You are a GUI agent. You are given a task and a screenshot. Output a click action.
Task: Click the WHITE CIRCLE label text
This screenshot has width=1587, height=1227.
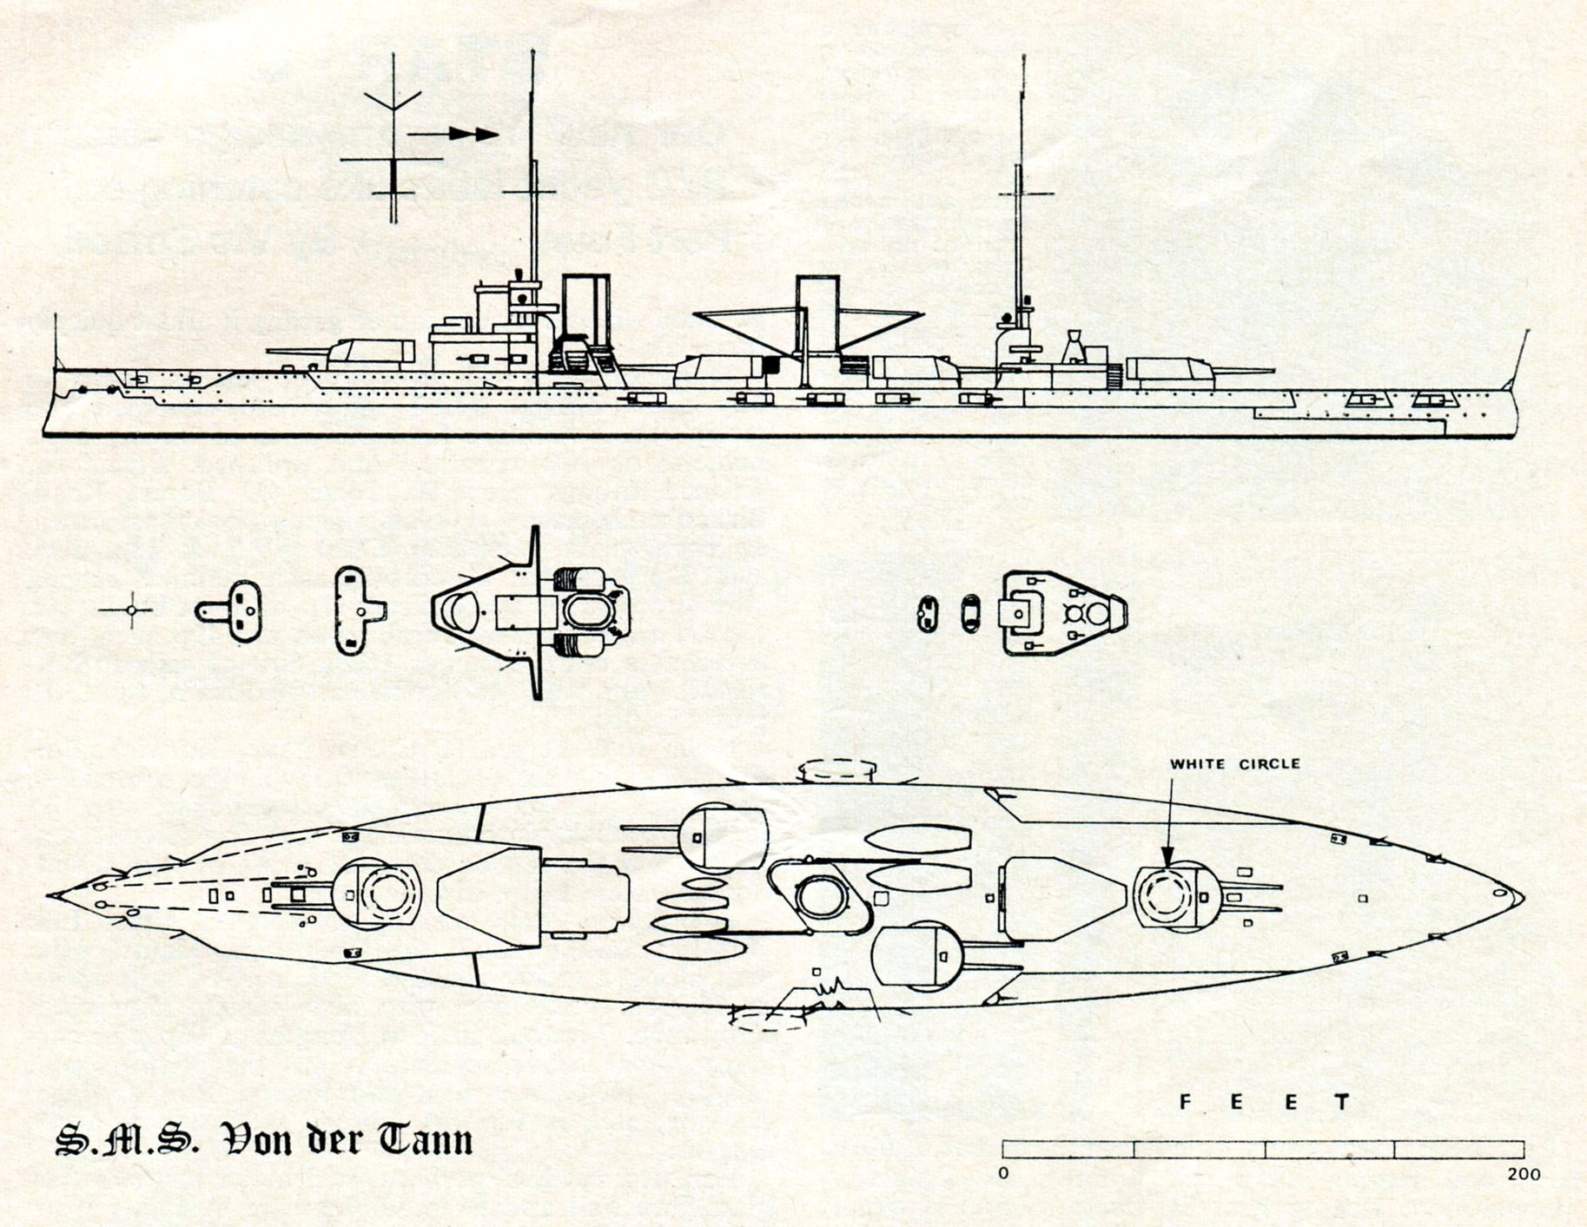coord(1234,764)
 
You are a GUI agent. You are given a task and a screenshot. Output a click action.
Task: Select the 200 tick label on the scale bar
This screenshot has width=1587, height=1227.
coord(1523,1175)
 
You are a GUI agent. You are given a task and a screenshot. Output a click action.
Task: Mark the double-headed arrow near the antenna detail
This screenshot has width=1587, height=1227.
coord(453,134)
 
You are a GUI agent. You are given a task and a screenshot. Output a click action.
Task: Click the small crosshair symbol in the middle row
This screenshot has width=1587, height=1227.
coord(131,610)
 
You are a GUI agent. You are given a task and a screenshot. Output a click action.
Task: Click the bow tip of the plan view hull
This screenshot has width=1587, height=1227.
coord(50,895)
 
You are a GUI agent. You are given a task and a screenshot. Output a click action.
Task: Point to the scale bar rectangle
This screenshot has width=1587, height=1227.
coord(1263,1150)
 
